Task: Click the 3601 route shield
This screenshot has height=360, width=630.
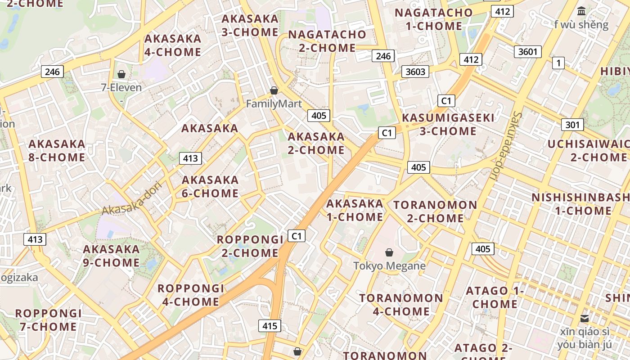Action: coord(527,52)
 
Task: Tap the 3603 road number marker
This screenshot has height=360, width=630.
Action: coord(415,72)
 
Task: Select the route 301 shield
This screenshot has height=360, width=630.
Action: coord(572,125)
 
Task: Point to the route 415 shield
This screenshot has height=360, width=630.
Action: coord(270,326)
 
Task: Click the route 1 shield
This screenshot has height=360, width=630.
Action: coord(558,63)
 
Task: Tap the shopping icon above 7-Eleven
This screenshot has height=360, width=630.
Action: coord(121,74)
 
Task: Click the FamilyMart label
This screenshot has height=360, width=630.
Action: coord(274,104)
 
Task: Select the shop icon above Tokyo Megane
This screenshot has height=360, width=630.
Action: coord(389,253)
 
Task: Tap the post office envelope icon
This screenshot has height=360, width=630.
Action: coord(585,319)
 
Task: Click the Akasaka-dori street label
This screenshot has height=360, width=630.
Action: coord(131,198)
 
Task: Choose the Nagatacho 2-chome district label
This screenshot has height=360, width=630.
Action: coord(327,41)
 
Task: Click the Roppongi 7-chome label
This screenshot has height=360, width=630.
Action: coord(49,320)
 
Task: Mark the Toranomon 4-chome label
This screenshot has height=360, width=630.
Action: coord(401,305)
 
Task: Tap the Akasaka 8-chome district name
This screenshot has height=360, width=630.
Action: coord(57,151)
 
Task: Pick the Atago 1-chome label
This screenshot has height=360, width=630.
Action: coord(495,297)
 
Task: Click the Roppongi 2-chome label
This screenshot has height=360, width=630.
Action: coord(250,246)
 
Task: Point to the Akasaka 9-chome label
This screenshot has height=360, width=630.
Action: coord(111,256)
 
